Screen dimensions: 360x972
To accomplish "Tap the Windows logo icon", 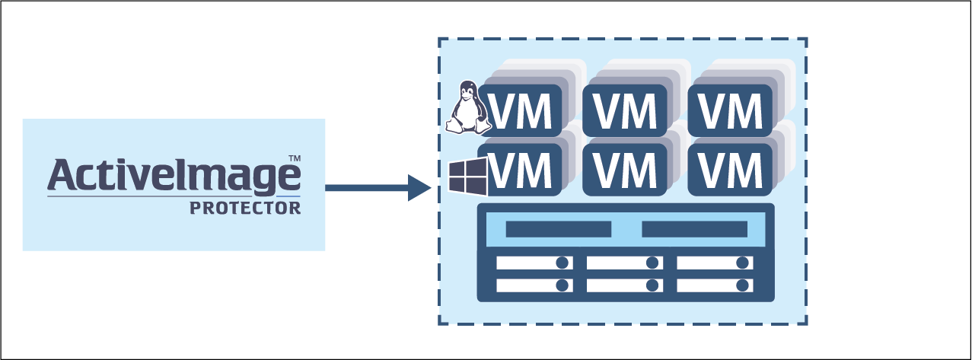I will point(467,178).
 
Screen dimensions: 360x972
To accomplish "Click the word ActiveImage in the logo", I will point(174,175).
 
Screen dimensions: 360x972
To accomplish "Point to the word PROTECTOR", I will point(245,207).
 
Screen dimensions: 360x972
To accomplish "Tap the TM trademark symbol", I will point(294,158).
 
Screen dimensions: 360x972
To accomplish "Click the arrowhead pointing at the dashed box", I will point(419,187).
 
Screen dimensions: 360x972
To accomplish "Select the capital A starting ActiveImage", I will point(62,174).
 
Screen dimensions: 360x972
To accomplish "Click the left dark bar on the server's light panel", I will point(558,229).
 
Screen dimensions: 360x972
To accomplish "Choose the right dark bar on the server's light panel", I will point(694,229).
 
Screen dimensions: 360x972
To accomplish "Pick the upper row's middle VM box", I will point(625,110).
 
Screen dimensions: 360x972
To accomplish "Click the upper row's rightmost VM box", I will point(730,110).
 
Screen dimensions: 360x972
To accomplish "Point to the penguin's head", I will point(467,91).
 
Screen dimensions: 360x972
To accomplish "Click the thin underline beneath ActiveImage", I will point(174,197).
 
